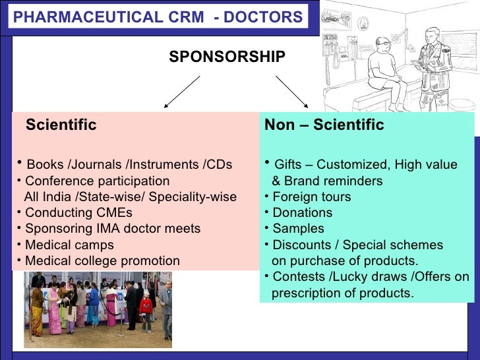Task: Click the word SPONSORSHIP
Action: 227,57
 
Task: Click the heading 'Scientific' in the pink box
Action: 61,125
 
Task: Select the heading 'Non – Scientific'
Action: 323,125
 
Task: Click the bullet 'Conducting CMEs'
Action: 78,213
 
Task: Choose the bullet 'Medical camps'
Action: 69,245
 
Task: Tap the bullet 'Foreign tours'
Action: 311,197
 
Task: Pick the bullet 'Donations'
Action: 302,213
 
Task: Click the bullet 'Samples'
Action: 298,229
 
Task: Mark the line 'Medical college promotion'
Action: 102,260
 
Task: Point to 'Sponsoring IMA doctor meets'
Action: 112,229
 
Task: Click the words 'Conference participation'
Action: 97,181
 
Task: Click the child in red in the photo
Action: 146,309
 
